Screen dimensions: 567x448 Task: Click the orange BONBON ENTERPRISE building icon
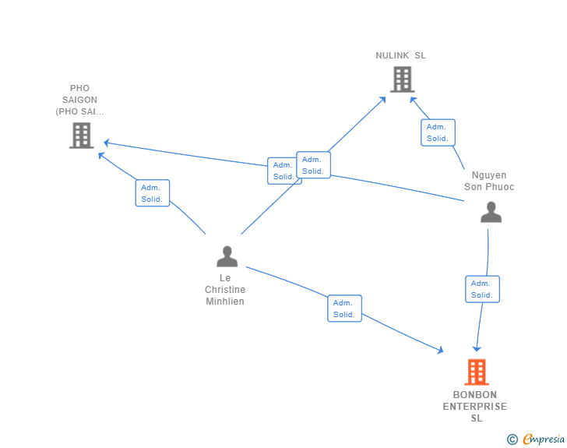(477, 372)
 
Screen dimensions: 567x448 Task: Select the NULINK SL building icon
(403, 79)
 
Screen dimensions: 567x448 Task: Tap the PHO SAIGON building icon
(82, 136)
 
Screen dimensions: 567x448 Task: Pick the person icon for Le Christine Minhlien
(227, 256)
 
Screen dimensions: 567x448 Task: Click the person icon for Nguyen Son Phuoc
(491, 212)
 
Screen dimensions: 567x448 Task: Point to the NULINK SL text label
(400, 55)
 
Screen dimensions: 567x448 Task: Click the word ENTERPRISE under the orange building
(475, 407)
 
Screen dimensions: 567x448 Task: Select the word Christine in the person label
(225, 290)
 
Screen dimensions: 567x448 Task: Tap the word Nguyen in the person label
(489, 175)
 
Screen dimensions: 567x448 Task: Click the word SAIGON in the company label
(79, 100)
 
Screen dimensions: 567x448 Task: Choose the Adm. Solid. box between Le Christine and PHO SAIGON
(153, 193)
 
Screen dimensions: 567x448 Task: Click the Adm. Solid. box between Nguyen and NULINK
(438, 132)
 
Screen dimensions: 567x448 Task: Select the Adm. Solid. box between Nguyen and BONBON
(482, 289)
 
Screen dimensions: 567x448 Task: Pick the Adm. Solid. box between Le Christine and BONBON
(344, 309)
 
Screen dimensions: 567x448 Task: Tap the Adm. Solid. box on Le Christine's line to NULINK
(313, 165)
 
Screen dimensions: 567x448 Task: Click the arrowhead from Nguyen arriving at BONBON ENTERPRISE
(477, 349)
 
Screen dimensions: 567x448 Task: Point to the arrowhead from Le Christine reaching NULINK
(382, 100)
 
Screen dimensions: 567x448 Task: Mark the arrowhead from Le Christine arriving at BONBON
(440, 350)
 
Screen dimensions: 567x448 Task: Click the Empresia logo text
(544, 439)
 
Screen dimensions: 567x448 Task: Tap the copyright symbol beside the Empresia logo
(512, 439)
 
